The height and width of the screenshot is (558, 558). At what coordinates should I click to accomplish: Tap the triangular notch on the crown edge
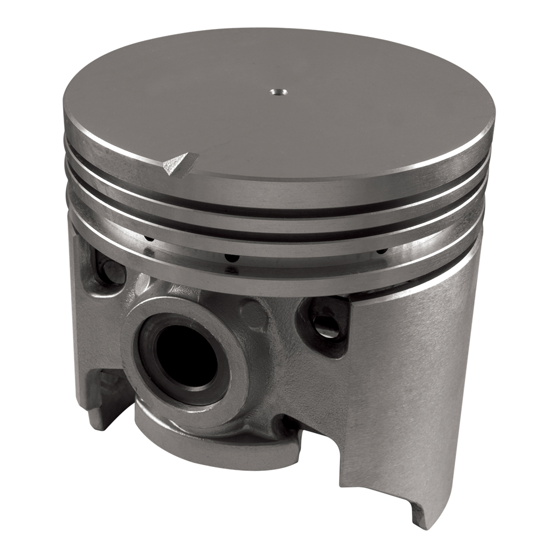tap(177, 163)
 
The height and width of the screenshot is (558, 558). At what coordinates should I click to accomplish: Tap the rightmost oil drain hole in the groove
tap(382, 251)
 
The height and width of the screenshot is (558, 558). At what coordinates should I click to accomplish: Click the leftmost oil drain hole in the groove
tap(148, 240)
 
